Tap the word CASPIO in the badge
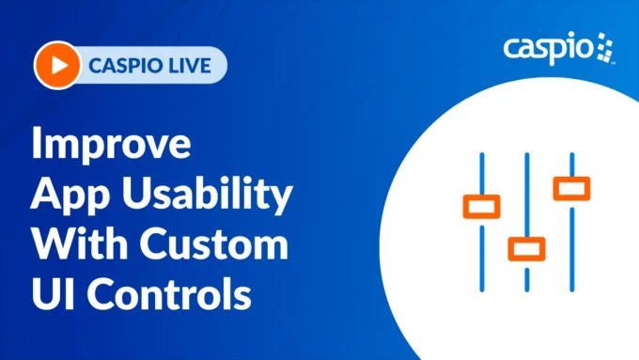tap(120, 66)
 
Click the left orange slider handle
tap(481, 205)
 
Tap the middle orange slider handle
tap(526, 248)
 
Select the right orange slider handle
tap(571, 187)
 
